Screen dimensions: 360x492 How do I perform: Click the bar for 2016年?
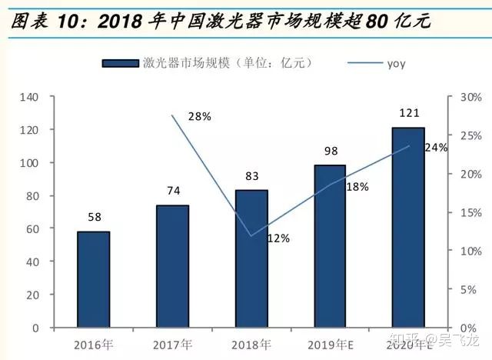pos(93,279)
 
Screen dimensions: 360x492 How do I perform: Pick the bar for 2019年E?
pos(330,246)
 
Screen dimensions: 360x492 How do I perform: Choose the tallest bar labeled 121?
pos(408,227)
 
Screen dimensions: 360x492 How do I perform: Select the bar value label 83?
pos(251,177)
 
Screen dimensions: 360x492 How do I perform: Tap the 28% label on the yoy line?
pos(198,117)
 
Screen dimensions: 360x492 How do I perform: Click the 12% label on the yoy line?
pos(278,238)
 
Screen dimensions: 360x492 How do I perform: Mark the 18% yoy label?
pos(357,187)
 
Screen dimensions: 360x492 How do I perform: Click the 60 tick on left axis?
pos(32,229)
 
